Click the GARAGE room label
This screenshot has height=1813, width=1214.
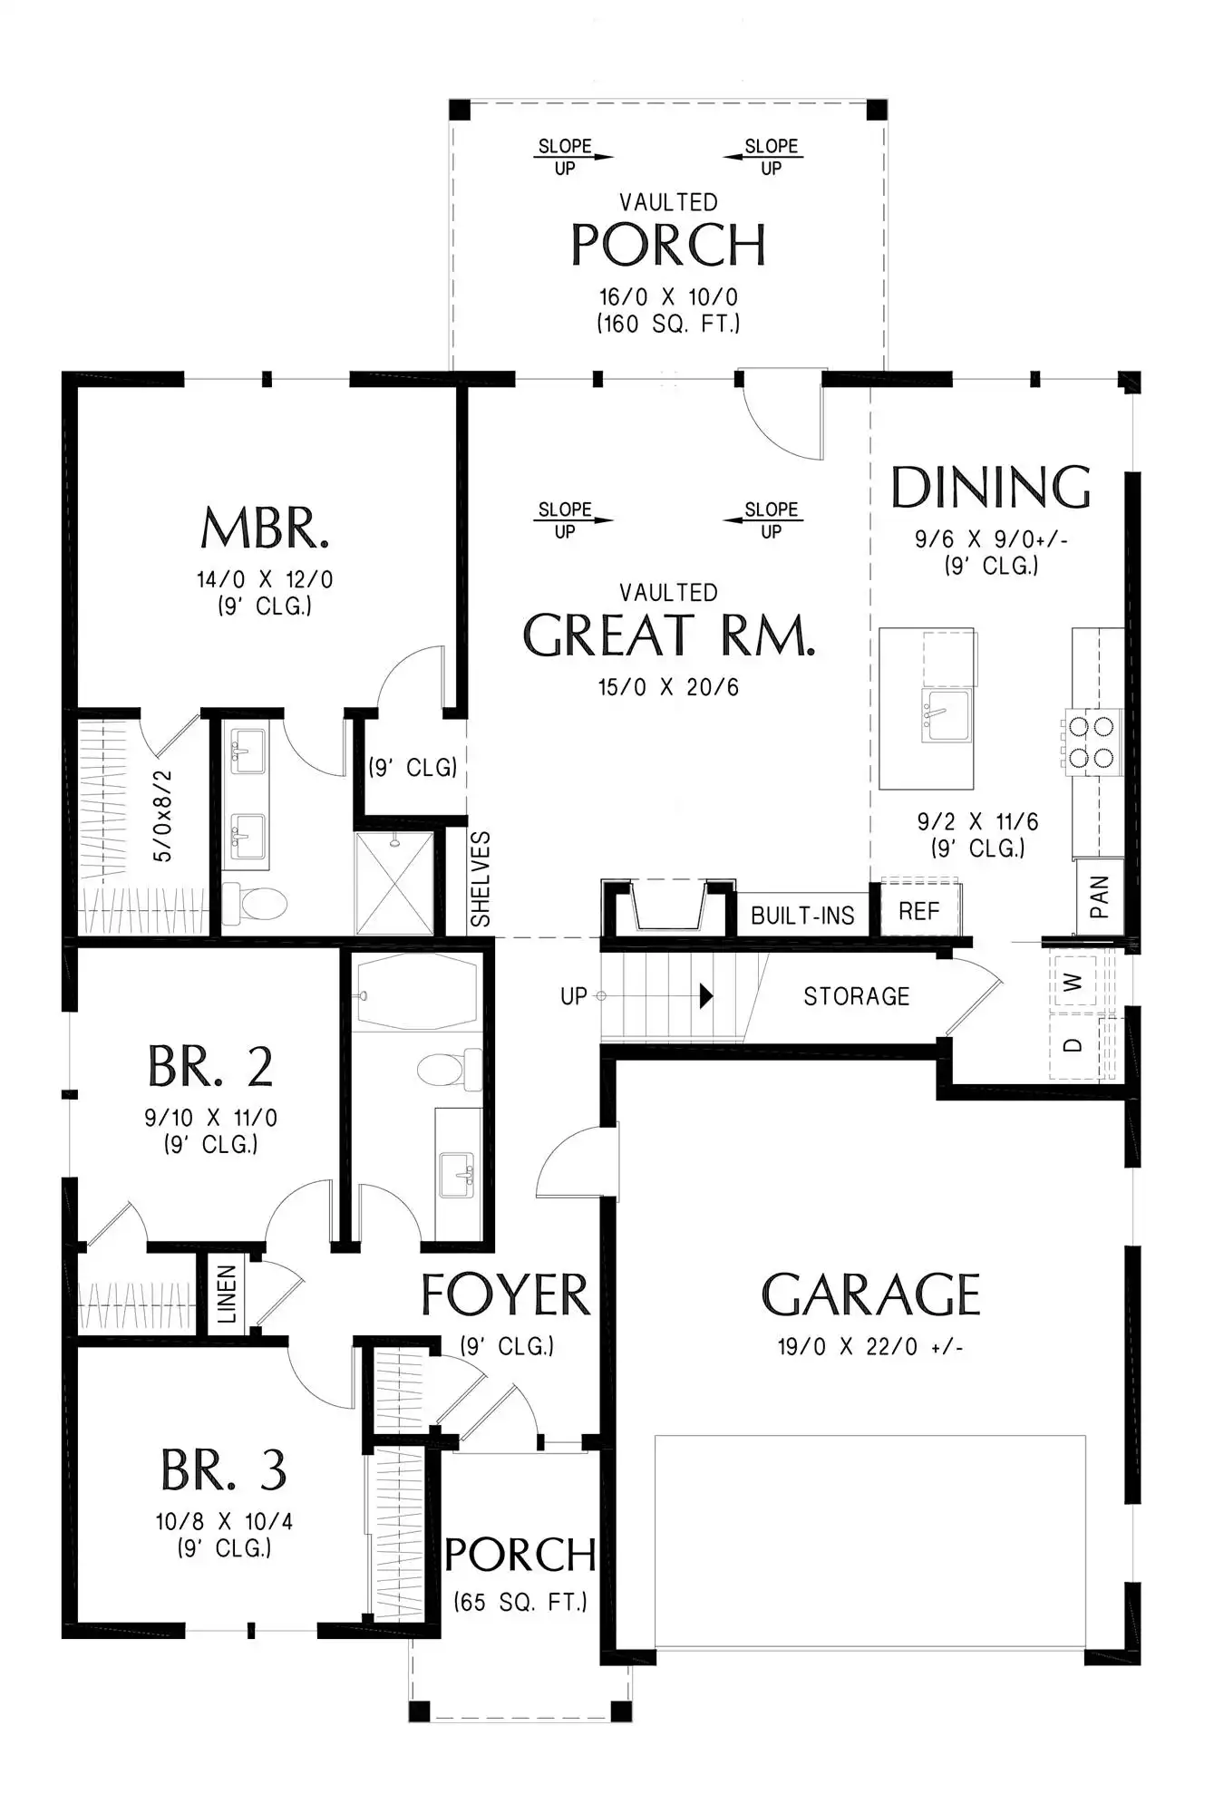pyautogui.click(x=870, y=1294)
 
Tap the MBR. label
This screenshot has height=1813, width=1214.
pyautogui.click(x=265, y=528)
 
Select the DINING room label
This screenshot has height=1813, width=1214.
pyautogui.click(x=991, y=487)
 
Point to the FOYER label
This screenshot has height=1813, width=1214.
pyautogui.click(x=505, y=1294)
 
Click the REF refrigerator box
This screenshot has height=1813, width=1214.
pyautogui.click(x=919, y=910)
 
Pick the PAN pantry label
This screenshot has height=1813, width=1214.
pyautogui.click(x=1099, y=897)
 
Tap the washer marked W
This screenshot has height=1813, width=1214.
pyautogui.click(x=1073, y=982)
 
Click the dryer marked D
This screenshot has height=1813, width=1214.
pyautogui.click(x=1073, y=1045)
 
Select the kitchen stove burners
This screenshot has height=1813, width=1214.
pyautogui.click(x=1092, y=742)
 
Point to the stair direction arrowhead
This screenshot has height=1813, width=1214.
pyautogui.click(x=706, y=996)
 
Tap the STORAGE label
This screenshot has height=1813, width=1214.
pyautogui.click(x=856, y=996)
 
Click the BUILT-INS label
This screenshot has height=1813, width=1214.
pyautogui.click(x=802, y=916)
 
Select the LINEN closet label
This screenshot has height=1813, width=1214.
pyautogui.click(x=227, y=1294)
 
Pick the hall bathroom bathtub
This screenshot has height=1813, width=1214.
pyautogui.click(x=416, y=991)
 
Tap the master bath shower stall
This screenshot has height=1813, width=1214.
pyautogui.click(x=394, y=883)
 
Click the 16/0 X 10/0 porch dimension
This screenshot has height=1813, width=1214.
pyautogui.click(x=668, y=297)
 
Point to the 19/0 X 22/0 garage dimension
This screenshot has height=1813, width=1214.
pyautogui.click(x=869, y=1347)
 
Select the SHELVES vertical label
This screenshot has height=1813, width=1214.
pyautogui.click(x=481, y=879)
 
